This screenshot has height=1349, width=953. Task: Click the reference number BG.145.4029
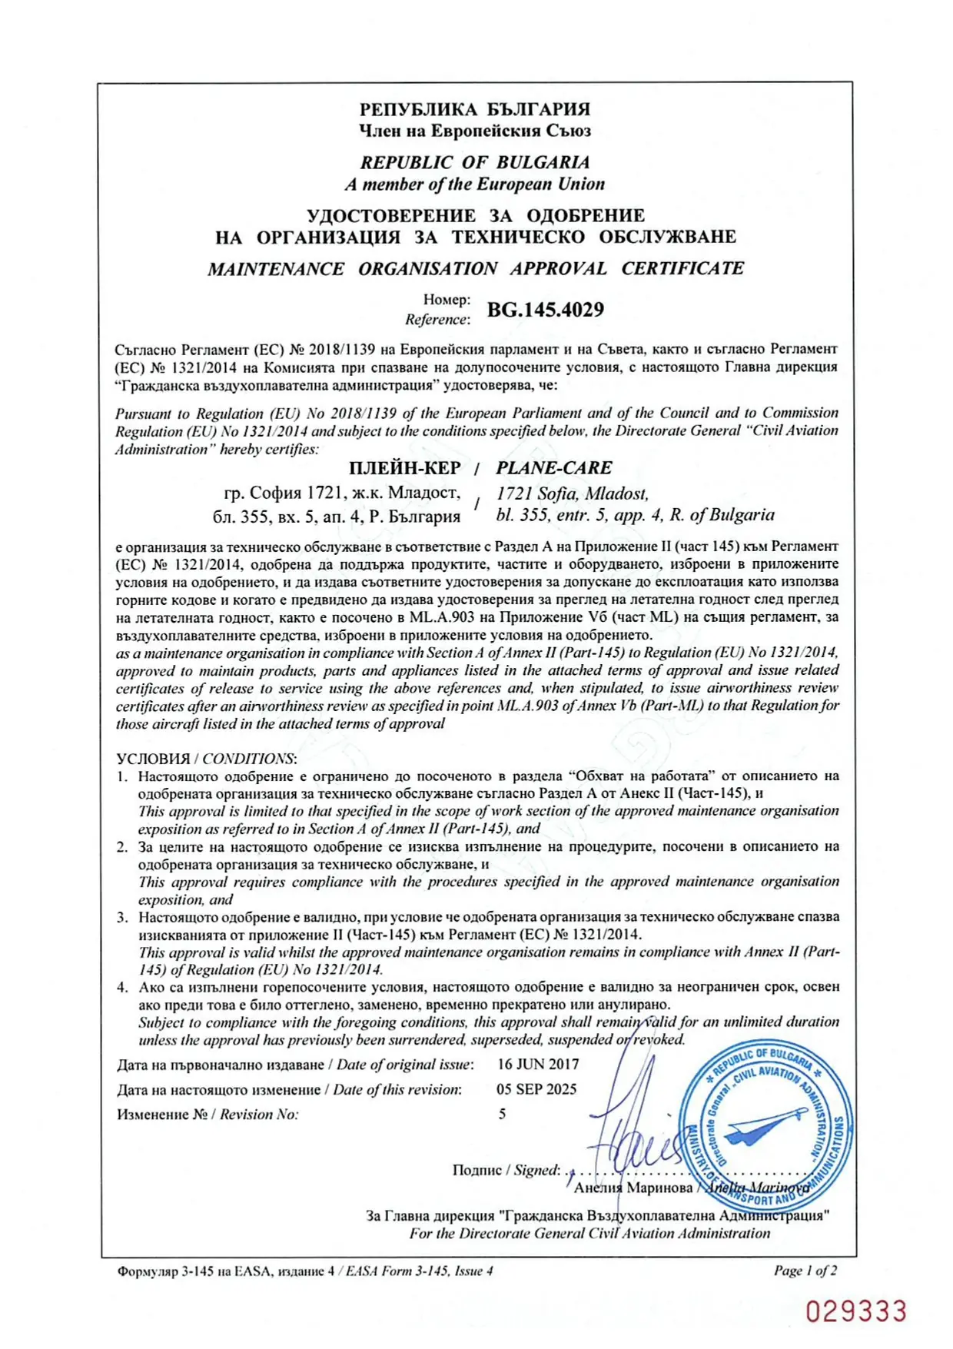pyautogui.click(x=545, y=310)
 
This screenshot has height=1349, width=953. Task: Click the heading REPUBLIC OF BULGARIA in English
pyautogui.click(x=475, y=162)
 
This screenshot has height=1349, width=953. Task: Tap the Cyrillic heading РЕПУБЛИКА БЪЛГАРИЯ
pyautogui.click(x=475, y=109)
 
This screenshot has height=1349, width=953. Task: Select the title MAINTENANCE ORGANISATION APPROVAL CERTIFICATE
pyautogui.click(x=475, y=268)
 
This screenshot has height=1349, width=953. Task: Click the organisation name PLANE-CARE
pyautogui.click(x=554, y=467)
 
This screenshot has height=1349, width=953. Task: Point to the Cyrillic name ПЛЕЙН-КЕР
pyautogui.click(x=404, y=468)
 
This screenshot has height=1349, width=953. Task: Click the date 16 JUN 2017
pyautogui.click(x=538, y=1065)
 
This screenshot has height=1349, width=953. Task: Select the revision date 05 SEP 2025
pyautogui.click(x=536, y=1089)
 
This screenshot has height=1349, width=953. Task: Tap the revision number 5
pyautogui.click(x=502, y=1114)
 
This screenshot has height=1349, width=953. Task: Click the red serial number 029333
pyautogui.click(x=856, y=1311)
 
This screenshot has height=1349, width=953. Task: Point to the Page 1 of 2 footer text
pyautogui.click(x=805, y=1271)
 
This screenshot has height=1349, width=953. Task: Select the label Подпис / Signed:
pyautogui.click(x=506, y=1170)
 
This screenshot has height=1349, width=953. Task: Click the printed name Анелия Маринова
pyautogui.click(x=633, y=1188)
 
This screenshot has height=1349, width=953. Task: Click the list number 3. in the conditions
pyautogui.click(x=122, y=917)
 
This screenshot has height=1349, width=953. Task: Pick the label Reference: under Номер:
pyautogui.click(x=437, y=319)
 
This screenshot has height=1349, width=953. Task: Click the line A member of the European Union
pyautogui.click(x=475, y=184)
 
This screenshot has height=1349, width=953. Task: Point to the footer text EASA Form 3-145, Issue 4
pyautogui.click(x=420, y=1271)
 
